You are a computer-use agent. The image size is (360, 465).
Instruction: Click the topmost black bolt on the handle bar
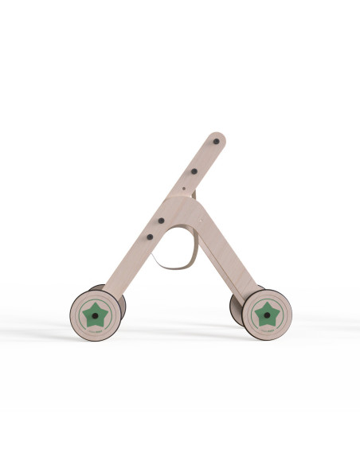[216, 143]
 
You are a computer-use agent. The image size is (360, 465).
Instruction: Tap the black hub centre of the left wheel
[96, 316]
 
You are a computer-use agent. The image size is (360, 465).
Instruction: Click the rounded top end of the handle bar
[218, 136]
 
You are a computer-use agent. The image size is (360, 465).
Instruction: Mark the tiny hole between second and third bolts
[183, 190]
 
